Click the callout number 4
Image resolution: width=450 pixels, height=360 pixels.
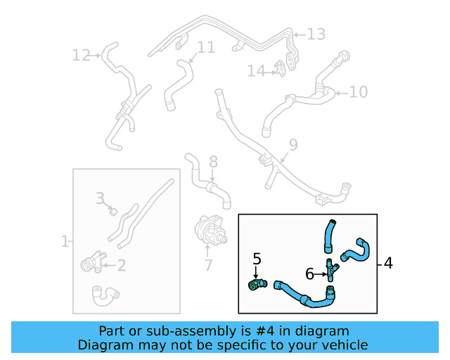click(x=389, y=264)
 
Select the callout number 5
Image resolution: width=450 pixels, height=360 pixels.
click(x=257, y=259)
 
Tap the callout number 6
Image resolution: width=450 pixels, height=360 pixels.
click(x=309, y=273)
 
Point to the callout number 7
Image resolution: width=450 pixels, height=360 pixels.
click(x=207, y=266)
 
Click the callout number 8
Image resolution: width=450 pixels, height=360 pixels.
click(x=213, y=162)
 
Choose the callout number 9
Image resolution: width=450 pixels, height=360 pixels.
click(x=292, y=145)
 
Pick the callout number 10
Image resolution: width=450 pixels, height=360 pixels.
click(x=358, y=91)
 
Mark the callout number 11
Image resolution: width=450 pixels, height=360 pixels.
click(x=206, y=48)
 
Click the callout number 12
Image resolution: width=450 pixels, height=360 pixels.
click(x=81, y=54)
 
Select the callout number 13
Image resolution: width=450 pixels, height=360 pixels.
click(x=316, y=33)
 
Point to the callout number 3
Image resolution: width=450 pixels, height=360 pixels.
click(x=100, y=199)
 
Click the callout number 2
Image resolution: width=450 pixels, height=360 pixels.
click(x=121, y=265)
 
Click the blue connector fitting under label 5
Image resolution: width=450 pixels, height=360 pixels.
click(x=257, y=283)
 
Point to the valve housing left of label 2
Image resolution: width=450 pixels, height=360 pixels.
click(x=91, y=264)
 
